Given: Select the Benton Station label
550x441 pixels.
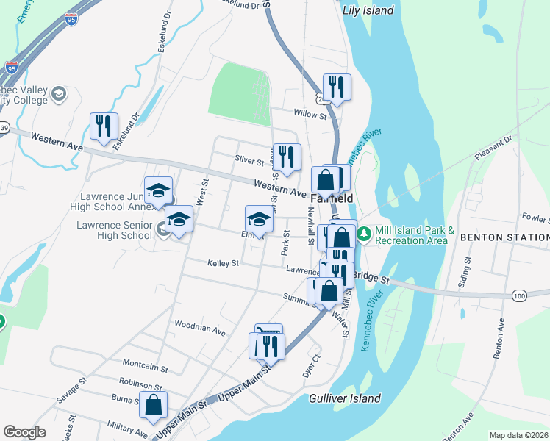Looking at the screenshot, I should point(504,237).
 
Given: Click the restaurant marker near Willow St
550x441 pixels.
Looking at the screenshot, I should point(337,87).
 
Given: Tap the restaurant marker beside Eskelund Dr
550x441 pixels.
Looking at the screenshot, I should point(104,126).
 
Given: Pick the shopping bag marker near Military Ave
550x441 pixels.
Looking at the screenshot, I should point(153,404).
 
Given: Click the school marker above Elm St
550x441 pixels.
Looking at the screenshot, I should point(258,218).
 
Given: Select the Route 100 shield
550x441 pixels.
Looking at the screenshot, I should point(520,295).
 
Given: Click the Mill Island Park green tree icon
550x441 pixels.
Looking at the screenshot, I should point(364,234).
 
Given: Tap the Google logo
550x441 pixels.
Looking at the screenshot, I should point(24,432).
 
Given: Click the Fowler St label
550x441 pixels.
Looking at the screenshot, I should point(535,218).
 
